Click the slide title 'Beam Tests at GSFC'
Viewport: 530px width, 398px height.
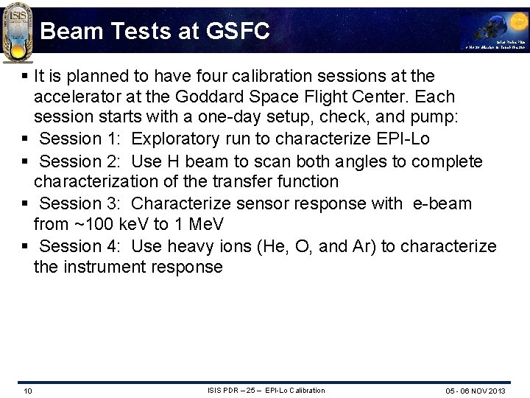(x=155, y=31)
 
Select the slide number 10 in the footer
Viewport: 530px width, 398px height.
(x=27, y=391)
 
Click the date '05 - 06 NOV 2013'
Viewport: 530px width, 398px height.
(x=476, y=391)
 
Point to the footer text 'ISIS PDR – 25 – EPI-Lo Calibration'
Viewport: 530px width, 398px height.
(x=266, y=390)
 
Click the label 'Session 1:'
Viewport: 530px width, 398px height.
(x=71, y=139)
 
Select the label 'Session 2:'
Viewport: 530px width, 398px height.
(x=71, y=161)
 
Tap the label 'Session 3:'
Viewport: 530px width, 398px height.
(x=71, y=203)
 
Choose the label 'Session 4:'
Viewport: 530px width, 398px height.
(x=71, y=246)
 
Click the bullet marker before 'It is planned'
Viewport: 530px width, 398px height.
(x=26, y=77)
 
